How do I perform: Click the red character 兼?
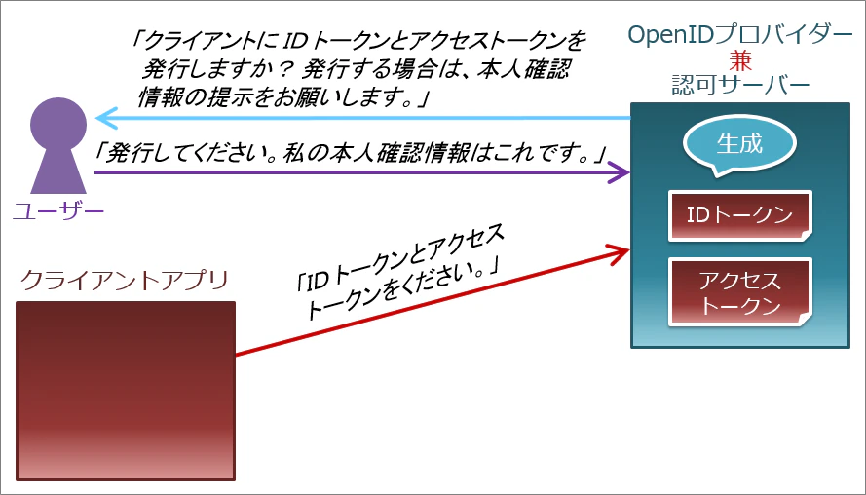point(740,60)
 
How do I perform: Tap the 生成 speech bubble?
point(739,143)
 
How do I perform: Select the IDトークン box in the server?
point(740,215)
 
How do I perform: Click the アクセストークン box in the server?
point(740,291)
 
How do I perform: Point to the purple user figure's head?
point(58,125)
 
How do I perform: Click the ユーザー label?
point(58,210)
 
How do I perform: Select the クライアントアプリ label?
point(125,280)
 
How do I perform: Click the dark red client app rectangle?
point(126,391)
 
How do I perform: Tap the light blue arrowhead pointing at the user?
point(105,118)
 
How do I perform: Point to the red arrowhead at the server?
point(619,253)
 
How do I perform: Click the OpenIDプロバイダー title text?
point(740,36)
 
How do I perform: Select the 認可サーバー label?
point(740,85)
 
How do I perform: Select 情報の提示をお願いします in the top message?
point(271,98)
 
